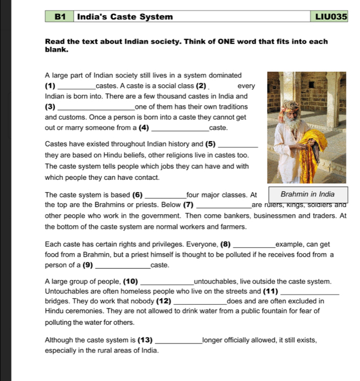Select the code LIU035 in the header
coord(329,17)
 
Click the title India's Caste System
coord(125,17)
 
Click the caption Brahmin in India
coord(307,194)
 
